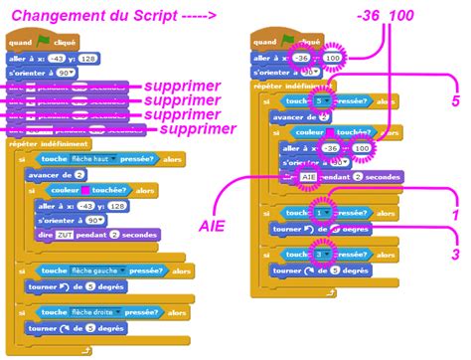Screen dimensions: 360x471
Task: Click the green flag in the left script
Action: (44, 42)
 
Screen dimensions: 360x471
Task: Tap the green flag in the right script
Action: (286, 42)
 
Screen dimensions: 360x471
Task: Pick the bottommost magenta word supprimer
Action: (198, 128)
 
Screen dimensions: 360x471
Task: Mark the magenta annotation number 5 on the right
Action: (455, 101)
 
